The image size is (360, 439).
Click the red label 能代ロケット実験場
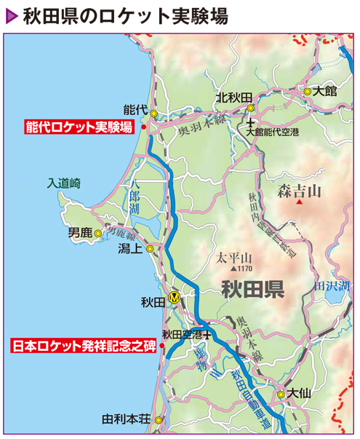point(79,127)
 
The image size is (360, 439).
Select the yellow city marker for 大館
point(308,92)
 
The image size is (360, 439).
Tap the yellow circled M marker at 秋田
point(174,297)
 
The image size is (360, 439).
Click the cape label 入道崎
point(63,183)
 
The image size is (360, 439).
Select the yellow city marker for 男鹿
point(98,234)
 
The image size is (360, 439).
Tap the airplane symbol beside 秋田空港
point(209,336)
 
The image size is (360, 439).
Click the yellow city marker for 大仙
point(281,395)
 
